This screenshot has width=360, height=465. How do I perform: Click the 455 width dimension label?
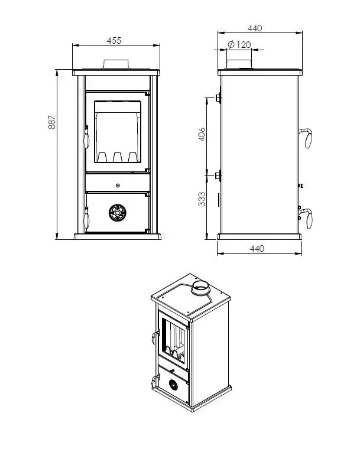click(114, 41)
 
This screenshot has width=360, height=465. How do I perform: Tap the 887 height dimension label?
click(51, 122)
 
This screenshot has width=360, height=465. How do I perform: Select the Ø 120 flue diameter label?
click(239, 44)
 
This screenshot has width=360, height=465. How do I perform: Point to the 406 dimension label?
click(202, 134)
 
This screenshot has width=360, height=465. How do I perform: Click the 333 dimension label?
click(202, 199)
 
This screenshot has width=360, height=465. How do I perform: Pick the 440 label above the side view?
click(255, 28)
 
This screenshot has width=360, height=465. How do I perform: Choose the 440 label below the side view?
click(257, 248)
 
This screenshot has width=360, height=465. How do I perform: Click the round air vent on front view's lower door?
click(118, 213)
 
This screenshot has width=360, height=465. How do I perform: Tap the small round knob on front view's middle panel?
click(118, 186)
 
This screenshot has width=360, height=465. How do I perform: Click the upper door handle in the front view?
click(86, 137)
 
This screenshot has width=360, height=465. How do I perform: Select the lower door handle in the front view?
click(86, 218)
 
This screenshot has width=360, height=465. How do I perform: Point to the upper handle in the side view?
click(306, 137)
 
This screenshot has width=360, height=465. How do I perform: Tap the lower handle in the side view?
click(307, 217)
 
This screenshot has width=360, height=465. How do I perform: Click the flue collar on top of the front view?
click(116, 64)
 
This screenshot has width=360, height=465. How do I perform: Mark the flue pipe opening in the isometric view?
click(200, 287)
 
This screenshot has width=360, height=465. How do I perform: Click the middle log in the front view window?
click(118, 157)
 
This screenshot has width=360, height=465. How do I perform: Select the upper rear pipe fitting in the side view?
click(218, 97)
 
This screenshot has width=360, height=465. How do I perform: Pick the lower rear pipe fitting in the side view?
click(218, 175)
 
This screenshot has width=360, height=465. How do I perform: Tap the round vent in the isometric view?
click(174, 385)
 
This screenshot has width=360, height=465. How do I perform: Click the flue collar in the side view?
click(239, 64)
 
